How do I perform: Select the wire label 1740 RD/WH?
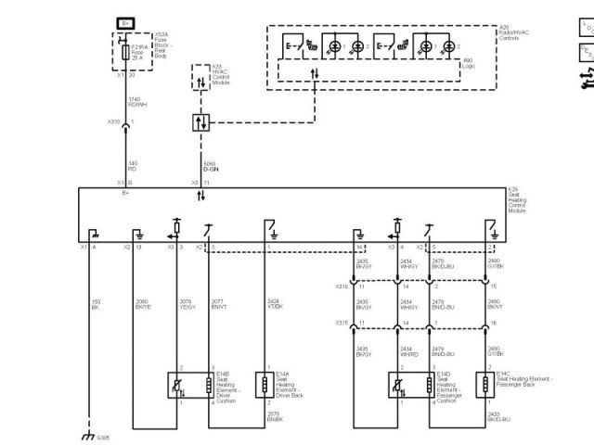135,101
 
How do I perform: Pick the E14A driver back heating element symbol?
267,385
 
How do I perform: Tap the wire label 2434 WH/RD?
408,353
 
